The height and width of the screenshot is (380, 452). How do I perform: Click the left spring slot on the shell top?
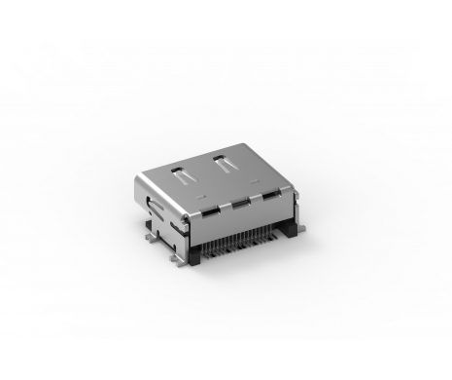tap(180, 174)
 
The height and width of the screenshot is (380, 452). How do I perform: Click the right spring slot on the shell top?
tap(226, 163)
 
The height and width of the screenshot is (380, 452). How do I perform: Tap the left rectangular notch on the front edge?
tap(207, 210)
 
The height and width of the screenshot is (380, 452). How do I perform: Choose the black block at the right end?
tap(290, 230)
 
